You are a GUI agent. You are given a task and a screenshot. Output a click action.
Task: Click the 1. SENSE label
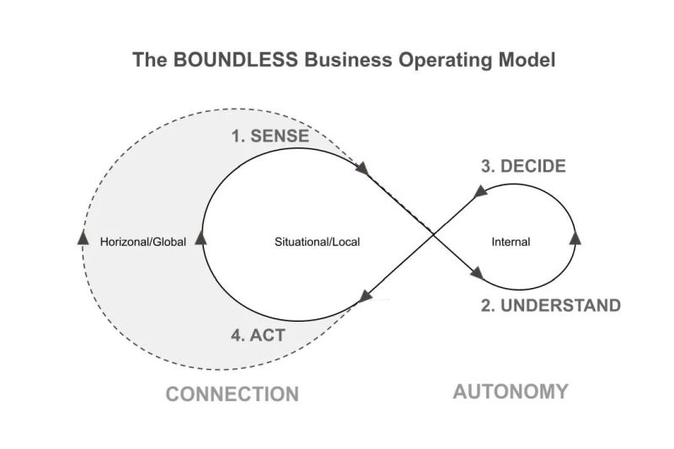269,136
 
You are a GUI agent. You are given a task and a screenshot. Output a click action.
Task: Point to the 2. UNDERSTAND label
551,304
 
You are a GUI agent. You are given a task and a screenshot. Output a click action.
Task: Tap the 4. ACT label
258,334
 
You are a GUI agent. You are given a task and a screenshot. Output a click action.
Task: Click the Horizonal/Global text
142,242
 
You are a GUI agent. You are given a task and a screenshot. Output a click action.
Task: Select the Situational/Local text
318,242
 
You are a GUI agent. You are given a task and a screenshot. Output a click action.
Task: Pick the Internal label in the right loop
511,242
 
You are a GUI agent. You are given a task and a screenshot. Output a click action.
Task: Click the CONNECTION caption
232,393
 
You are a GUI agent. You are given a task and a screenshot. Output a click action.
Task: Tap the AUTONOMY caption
511,391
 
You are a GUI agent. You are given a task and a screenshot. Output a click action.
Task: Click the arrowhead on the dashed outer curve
83,238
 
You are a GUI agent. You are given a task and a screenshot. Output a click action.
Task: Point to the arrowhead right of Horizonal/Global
201,240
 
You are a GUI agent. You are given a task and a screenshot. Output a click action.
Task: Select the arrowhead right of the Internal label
576,238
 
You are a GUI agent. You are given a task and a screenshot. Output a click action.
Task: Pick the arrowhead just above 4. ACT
366,296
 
